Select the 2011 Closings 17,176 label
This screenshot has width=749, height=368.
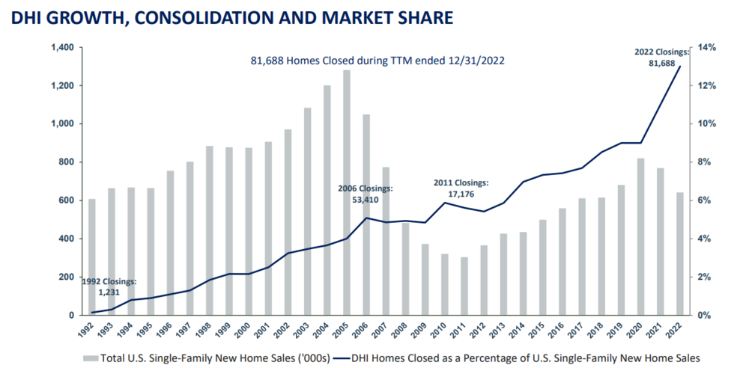coord(461,188)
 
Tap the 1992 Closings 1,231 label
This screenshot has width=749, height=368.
coord(109,287)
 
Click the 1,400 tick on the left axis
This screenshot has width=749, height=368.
coord(61,48)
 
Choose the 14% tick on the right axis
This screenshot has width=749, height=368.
coord(708,48)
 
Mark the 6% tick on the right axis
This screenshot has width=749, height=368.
coord(705,200)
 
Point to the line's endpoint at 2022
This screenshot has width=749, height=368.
coord(679,67)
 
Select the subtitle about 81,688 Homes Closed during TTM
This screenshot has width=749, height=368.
coord(377,61)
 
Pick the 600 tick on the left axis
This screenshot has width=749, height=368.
coord(65,200)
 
